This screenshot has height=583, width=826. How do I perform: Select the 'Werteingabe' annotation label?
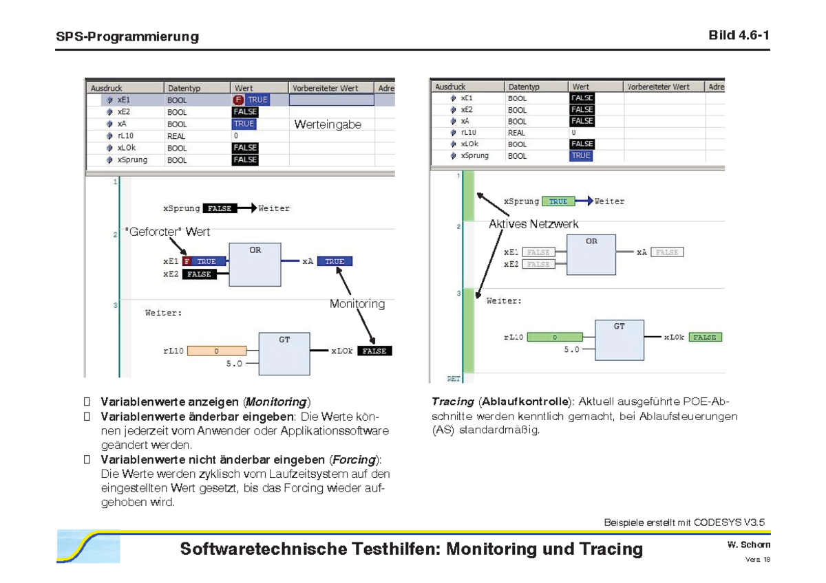328,124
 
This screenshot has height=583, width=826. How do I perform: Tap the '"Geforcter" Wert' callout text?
167,232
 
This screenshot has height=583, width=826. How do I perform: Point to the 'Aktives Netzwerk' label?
533,224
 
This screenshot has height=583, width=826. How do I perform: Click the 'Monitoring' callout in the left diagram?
357,304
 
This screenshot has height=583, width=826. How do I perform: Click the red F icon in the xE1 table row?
239,100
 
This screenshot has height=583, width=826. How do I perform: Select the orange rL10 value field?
216,351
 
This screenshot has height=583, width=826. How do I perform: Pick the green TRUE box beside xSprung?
558,201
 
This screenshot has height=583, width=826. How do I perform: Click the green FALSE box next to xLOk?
704,338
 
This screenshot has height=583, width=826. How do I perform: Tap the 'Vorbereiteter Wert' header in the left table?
325,88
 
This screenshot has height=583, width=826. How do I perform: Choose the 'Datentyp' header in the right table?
525,87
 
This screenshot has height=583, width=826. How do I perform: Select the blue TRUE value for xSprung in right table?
581,155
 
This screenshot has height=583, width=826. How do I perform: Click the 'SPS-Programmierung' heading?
127,36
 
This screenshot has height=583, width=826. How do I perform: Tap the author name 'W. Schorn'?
749,544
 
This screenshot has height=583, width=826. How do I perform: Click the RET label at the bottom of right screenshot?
454,379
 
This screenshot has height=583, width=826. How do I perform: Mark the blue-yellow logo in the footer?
88,546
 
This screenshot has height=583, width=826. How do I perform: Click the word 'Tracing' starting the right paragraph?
452,401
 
